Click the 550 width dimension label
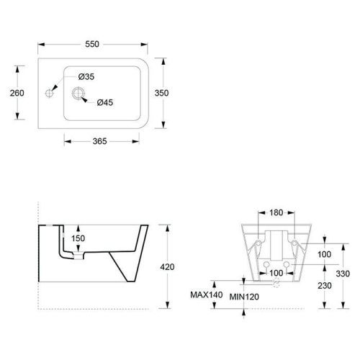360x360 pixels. point(92,44)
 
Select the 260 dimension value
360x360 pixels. point(17,93)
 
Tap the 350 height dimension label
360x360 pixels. point(161,93)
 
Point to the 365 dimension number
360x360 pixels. point(99,141)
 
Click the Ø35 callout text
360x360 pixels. point(86,77)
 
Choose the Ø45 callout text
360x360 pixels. point(105,102)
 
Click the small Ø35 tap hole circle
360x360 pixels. point(49,93)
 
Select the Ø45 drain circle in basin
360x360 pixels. point(78,93)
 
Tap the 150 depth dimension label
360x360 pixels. point(78,238)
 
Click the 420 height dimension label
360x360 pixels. point(167,267)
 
